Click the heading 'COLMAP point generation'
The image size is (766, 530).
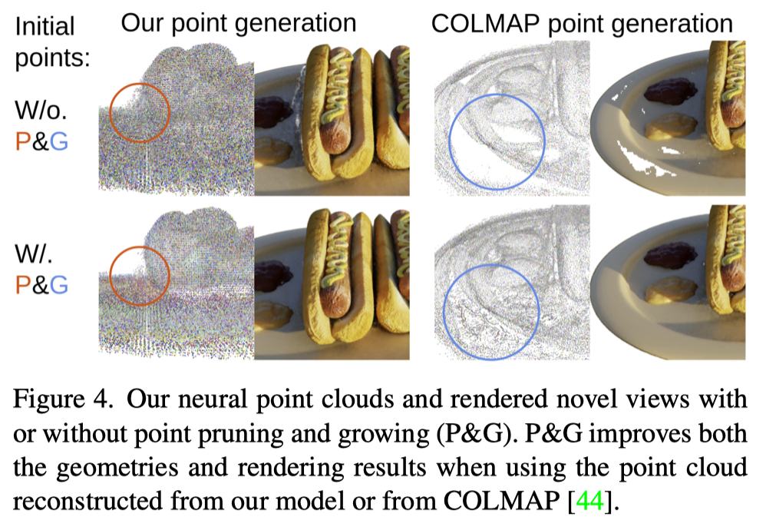click(x=582, y=22)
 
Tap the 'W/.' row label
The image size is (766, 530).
click(x=36, y=254)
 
